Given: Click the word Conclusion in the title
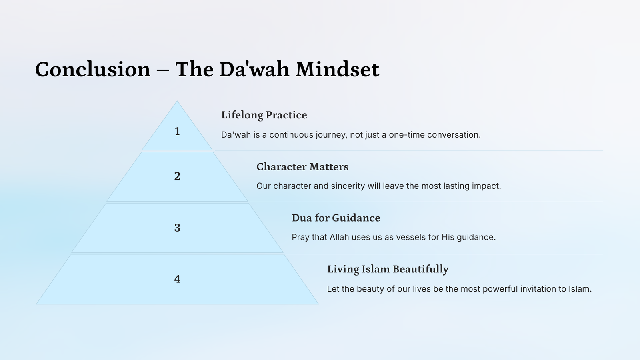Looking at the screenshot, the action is coord(92,69).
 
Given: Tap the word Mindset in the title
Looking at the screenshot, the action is coord(338,69).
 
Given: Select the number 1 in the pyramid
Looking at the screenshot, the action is coord(177,131).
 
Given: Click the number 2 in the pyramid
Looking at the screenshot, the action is coord(177,176).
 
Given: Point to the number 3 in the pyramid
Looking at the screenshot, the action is coord(177,228).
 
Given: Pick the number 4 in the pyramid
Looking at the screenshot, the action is coord(177,279).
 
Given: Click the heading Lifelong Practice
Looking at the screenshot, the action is coord(264,115).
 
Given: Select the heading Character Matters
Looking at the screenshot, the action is coord(302,166).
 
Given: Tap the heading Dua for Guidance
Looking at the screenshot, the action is coord(336,218).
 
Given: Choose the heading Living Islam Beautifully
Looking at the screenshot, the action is coord(388,270).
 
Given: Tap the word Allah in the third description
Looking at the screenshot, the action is coord(340,237).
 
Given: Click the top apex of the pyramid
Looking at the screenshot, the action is coord(177,101).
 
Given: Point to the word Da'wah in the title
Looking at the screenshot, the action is coord(254,69).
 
